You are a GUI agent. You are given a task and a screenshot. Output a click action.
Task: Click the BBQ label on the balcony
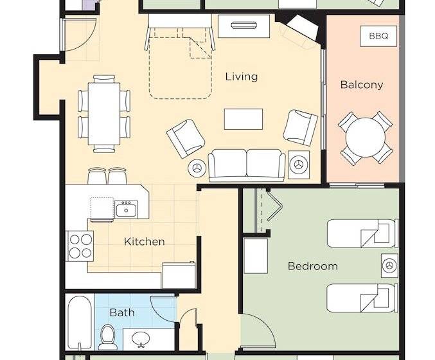378,36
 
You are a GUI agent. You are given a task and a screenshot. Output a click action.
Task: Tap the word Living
242,76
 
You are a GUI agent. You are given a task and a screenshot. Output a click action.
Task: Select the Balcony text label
362,84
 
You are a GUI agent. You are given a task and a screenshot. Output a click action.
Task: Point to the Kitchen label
145,242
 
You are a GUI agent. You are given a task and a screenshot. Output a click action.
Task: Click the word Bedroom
313,266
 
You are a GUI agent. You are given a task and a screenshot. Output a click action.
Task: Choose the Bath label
122,312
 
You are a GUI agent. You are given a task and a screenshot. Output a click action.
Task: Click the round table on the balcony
366,138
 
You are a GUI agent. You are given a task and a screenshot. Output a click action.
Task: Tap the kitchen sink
126,210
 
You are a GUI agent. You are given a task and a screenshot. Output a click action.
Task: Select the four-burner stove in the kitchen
80,246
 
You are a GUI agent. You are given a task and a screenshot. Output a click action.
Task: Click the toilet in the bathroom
108,337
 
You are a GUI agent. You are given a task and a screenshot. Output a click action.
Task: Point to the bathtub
80,323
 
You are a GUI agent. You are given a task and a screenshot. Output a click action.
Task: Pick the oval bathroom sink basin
141,338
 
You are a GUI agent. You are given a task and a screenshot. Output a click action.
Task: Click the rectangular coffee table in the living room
244,119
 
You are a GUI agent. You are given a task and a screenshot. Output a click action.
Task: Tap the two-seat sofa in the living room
247,165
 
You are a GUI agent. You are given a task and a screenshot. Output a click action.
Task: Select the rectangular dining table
104,114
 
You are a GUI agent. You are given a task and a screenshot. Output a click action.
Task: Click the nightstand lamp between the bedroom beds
389,265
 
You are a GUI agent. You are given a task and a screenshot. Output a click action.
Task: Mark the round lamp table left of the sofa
197,168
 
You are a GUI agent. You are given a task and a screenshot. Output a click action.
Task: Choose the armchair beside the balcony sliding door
301,127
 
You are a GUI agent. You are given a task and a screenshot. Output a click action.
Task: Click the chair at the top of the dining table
104,78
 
